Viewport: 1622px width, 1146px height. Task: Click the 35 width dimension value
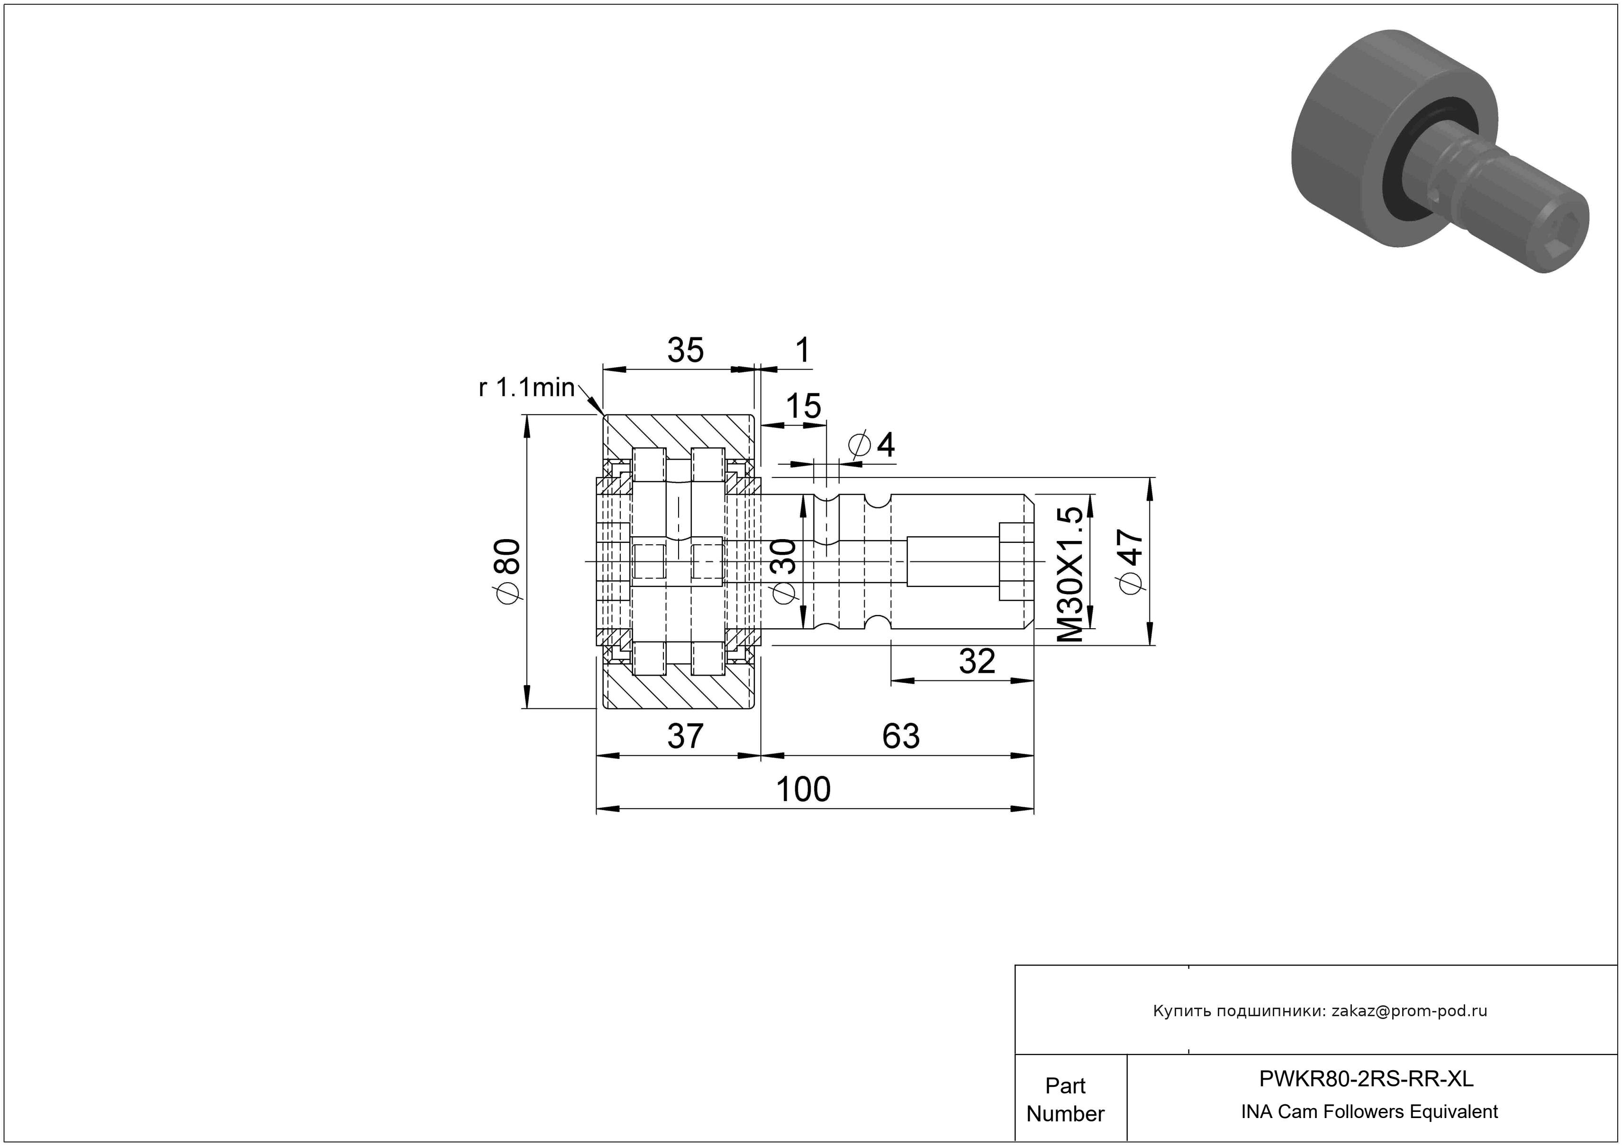685,350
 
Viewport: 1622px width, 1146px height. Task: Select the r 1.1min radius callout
526,387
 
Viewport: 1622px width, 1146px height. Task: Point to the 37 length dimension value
685,737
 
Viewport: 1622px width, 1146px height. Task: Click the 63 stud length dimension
901,737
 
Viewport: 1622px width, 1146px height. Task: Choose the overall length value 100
803,789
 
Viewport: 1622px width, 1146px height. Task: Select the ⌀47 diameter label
1131,561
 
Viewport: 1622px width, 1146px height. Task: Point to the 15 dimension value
803,406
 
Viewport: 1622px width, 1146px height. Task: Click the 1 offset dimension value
803,350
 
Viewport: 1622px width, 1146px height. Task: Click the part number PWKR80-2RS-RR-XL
1366,1079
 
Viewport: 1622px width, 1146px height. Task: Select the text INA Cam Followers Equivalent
1369,1112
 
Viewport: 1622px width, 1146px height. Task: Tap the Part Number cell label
1065,1100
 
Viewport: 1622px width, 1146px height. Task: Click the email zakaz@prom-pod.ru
1409,1011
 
